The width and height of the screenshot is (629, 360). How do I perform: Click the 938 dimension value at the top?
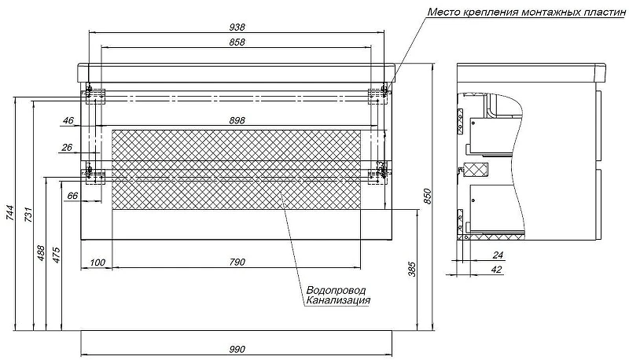point(237,28)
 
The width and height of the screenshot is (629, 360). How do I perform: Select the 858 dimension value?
point(237,42)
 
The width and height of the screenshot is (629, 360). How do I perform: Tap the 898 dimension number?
point(237,119)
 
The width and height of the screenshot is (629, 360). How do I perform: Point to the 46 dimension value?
point(68,120)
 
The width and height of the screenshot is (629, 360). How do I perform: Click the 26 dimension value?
point(67,148)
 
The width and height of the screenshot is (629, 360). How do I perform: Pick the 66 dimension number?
point(72,196)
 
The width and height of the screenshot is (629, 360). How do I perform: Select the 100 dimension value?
point(97,263)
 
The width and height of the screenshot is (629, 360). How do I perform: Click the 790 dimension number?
point(237,263)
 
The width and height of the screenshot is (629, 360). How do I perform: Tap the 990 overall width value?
point(237,350)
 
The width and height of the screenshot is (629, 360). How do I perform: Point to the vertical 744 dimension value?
point(9,213)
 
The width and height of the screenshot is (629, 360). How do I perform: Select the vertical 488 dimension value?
point(41,253)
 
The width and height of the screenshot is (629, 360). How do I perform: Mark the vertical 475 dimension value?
point(56,255)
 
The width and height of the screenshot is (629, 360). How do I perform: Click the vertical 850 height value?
point(427,197)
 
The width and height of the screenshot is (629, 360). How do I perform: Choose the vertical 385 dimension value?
point(412,270)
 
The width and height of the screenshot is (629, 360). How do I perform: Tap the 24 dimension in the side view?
point(498,255)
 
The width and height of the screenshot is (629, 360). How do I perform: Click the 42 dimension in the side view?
point(497,270)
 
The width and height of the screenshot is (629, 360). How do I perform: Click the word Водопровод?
point(336,290)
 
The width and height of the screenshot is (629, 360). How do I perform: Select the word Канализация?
point(338,300)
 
